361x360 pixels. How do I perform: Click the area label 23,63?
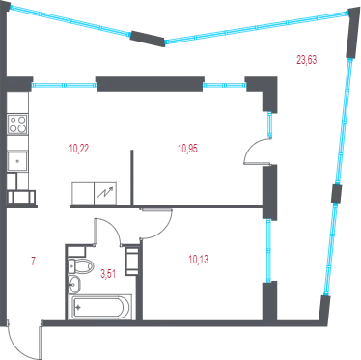click(x=306, y=60)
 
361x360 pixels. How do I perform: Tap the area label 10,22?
click(x=79, y=149)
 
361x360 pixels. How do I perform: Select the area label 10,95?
click(x=187, y=149)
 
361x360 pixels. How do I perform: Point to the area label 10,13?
click(x=199, y=260)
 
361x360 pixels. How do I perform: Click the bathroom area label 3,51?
click(x=108, y=274)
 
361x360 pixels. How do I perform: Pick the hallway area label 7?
click(x=33, y=261)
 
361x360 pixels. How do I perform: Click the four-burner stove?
click(x=17, y=125)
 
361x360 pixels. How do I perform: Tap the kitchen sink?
click(x=17, y=161)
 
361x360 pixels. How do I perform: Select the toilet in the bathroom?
click(x=81, y=266)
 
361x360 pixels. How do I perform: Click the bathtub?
click(x=100, y=307)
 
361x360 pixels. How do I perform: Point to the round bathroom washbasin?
click(x=74, y=284)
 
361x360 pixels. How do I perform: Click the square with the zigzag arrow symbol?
click(x=105, y=193)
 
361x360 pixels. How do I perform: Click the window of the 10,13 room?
click(x=268, y=251)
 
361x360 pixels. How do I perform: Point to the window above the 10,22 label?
click(x=65, y=85)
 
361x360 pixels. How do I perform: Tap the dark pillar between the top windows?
click(x=148, y=39)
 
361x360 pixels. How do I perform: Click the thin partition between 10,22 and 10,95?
click(x=131, y=177)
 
